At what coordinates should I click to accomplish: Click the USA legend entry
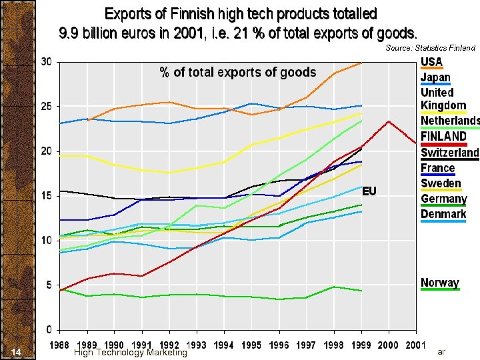pyautogui.click(x=431, y=62)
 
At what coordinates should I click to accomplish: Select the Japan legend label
pyautogui.click(x=435, y=77)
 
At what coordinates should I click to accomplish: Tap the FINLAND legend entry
pyautogui.click(x=443, y=136)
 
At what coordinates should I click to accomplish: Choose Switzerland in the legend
pyautogui.click(x=449, y=152)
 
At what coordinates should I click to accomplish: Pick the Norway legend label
pyautogui.click(x=440, y=283)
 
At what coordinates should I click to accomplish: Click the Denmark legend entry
pyautogui.click(x=443, y=214)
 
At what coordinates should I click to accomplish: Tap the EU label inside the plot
pyautogui.click(x=369, y=191)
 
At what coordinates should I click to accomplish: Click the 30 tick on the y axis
pyautogui.click(x=47, y=62)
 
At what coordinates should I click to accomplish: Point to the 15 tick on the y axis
pyautogui.click(x=47, y=196)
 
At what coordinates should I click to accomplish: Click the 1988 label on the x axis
pyautogui.click(x=60, y=345)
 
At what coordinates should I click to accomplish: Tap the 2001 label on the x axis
pyautogui.click(x=415, y=345)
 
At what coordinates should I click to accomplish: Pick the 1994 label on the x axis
pyautogui.click(x=224, y=345)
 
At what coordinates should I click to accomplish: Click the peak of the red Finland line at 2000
pyautogui.click(x=389, y=121)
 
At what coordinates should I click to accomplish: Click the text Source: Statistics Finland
pyautogui.click(x=430, y=48)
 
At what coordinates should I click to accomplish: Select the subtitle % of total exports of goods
pyautogui.click(x=237, y=73)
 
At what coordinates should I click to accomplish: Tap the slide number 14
pyautogui.click(x=17, y=352)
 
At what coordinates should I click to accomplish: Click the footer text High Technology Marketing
pyautogui.click(x=131, y=352)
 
